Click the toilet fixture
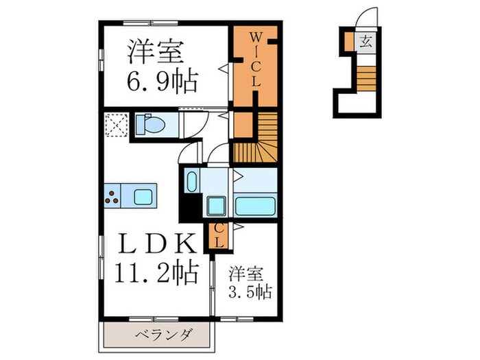[x=149, y=125]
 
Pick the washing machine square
[x=217, y=205]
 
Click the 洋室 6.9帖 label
[x=162, y=67]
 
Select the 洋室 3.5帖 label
[x=249, y=281]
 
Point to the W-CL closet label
[x=254, y=60]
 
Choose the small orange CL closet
[x=217, y=236]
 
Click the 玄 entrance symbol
[x=365, y=41]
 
